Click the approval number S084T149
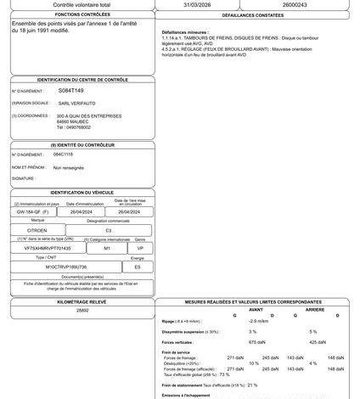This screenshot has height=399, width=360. pos(70,89)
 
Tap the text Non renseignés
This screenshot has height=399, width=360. pos(70,168)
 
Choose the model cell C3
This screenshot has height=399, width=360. pos(108,230)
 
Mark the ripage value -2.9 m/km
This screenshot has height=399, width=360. pos(259,321)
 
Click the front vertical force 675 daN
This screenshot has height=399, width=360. pos(252,341)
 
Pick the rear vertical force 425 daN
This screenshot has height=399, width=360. pos(312,341)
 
